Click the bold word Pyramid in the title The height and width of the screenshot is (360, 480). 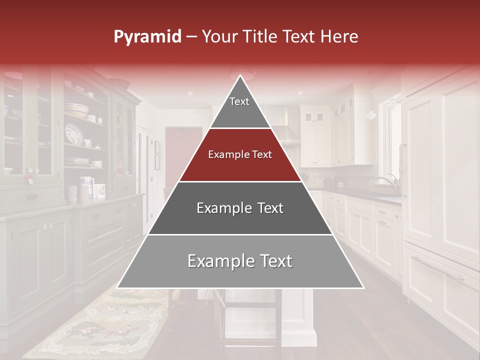coord(147,36)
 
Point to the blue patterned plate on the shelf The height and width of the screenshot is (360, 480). coord(75,134)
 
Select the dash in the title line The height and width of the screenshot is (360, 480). coord(191,36)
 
